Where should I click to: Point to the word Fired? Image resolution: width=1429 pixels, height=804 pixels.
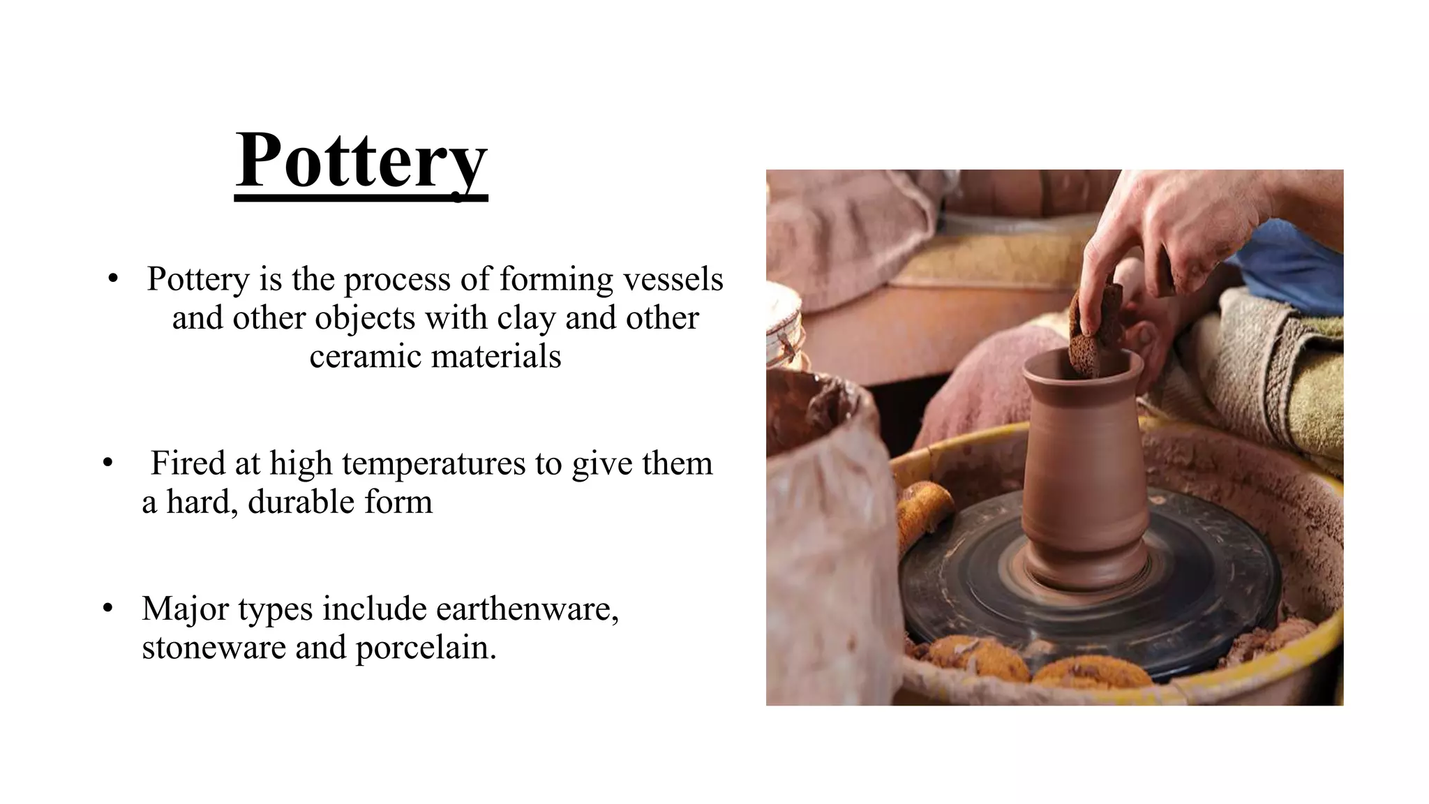[188, 463]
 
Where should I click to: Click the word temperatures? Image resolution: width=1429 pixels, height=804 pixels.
[434, 463]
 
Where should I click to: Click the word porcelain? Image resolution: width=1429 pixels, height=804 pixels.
[426, 647]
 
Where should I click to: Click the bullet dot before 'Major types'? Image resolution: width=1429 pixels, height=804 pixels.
[107, 608]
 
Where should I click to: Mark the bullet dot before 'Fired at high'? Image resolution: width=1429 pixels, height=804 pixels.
[107, 463]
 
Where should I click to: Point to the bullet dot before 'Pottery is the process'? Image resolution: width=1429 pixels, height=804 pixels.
[113, 278]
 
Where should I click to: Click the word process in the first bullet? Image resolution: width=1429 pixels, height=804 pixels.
[397, 279]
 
